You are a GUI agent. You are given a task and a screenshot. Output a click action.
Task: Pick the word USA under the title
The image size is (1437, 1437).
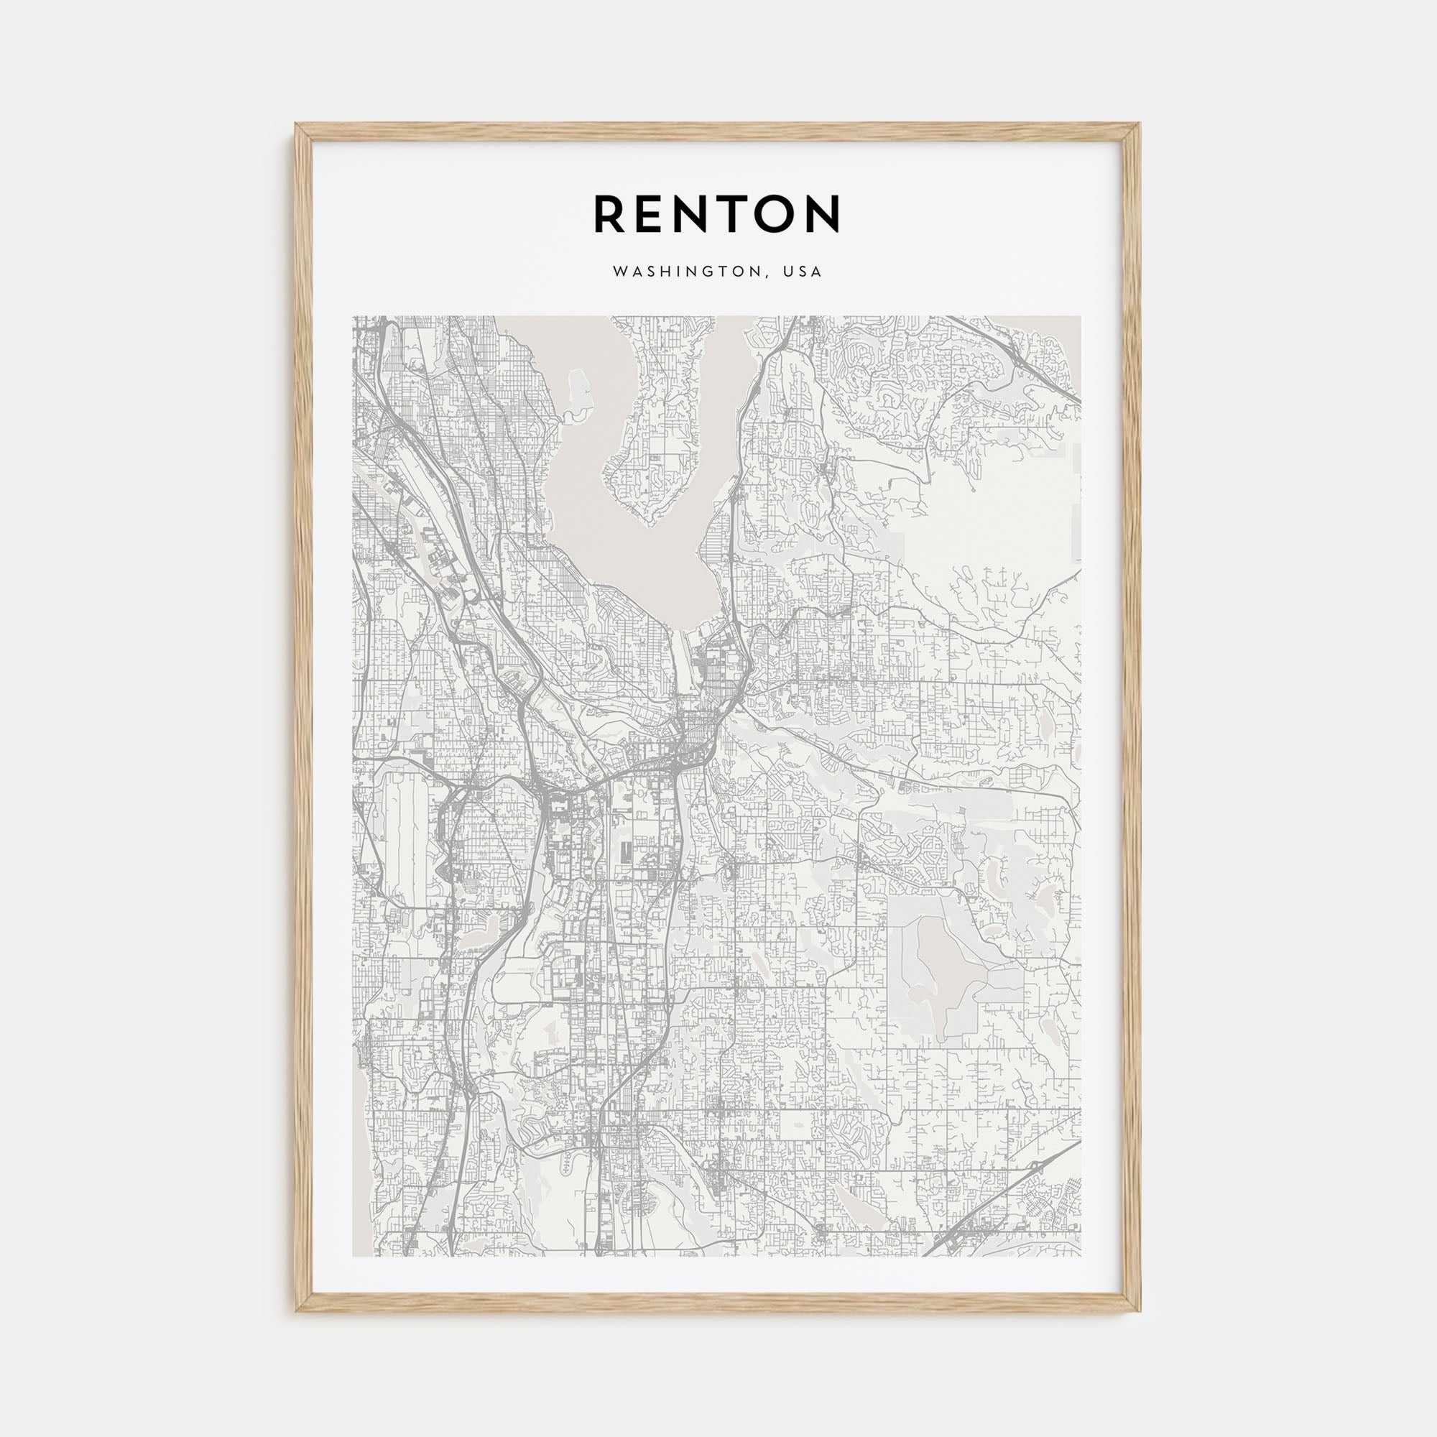[803, 272]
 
